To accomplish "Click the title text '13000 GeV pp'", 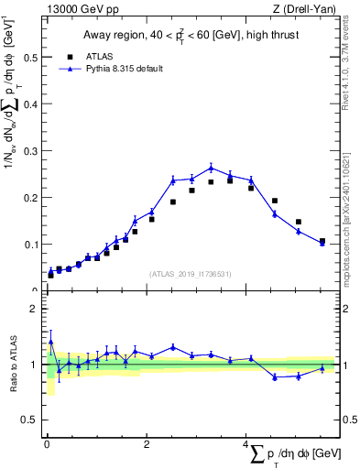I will click(74, 10).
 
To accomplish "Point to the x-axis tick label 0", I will click(47, 445).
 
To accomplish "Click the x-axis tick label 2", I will click(147, 445).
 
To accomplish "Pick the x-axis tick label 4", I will click(246, 445).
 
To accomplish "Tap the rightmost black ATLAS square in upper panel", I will click(322, 241).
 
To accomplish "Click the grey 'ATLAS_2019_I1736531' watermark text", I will click(190, 274).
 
